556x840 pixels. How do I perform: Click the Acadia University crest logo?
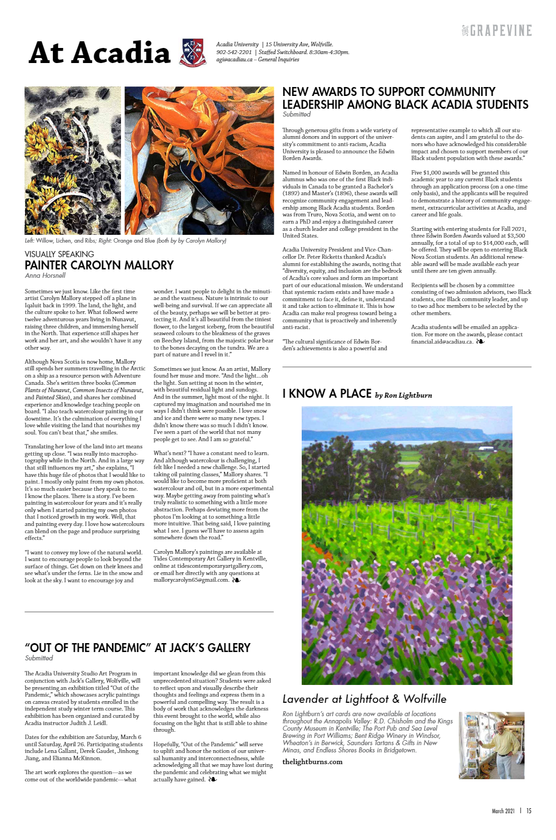tap(193, 52)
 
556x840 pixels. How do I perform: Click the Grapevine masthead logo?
tap(497, 31)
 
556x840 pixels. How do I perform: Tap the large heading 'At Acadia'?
tap(99, 53)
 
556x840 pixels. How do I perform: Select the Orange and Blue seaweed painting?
tap(199, 161)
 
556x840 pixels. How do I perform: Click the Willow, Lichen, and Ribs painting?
tap(72, 161)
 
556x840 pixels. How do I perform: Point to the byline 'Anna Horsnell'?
tap(45, 276)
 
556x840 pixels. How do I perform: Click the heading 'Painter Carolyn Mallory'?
tap(99, 265)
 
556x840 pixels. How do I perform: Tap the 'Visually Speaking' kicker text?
tap(59, 254)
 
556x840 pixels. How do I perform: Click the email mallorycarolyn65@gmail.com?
tap(191, 580)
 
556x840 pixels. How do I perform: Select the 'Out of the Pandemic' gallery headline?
tap(137, 648)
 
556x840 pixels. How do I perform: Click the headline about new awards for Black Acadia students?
tap(405, 98)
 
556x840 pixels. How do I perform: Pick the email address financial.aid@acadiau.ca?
tap(442, 341)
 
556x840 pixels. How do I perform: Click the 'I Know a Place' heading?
tap(327, 394)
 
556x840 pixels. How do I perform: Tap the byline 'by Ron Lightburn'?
tap(403, 395)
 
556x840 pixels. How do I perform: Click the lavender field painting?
tap(407, 545)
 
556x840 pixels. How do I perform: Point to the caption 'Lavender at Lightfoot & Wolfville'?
tap(364, 699)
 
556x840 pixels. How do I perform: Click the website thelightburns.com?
tap(312, 762)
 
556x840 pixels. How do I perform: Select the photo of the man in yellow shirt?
tap(491, 745)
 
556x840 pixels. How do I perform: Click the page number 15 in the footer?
tap(529, 811)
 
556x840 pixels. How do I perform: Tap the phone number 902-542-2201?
tap(234, 52)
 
